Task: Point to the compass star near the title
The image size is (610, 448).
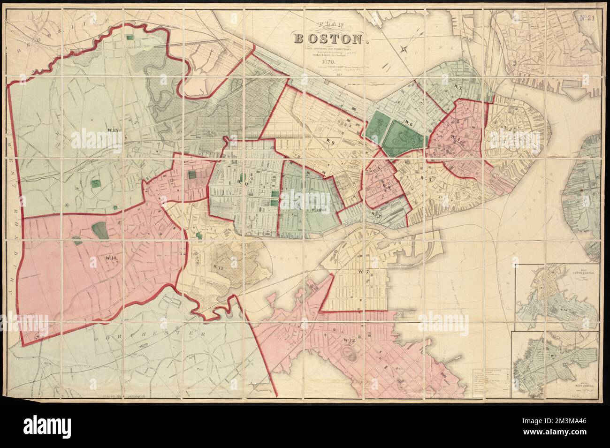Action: [x=402, y=48]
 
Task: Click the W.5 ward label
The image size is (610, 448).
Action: [x=426, y=178]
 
